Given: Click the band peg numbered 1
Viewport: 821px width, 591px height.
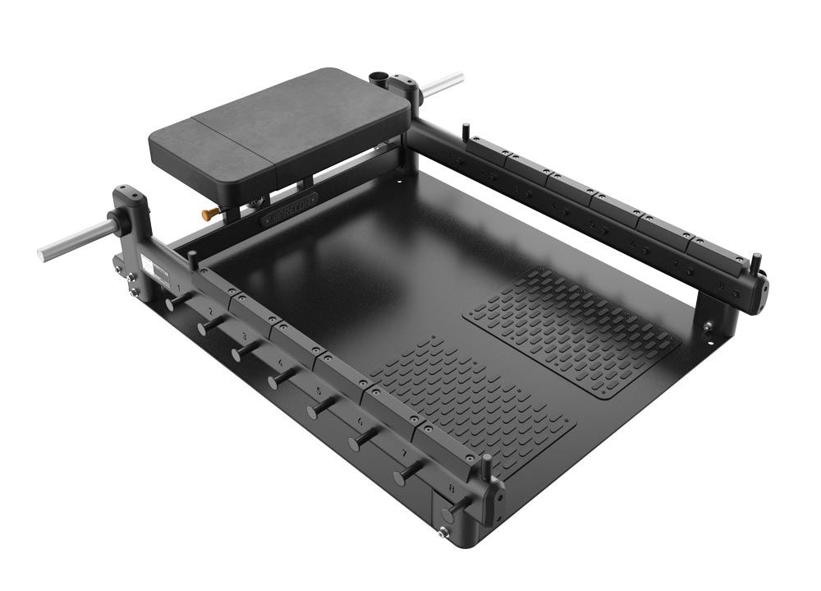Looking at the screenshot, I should click(173, 304).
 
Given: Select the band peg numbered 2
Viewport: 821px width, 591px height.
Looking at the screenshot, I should click(205, 327).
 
